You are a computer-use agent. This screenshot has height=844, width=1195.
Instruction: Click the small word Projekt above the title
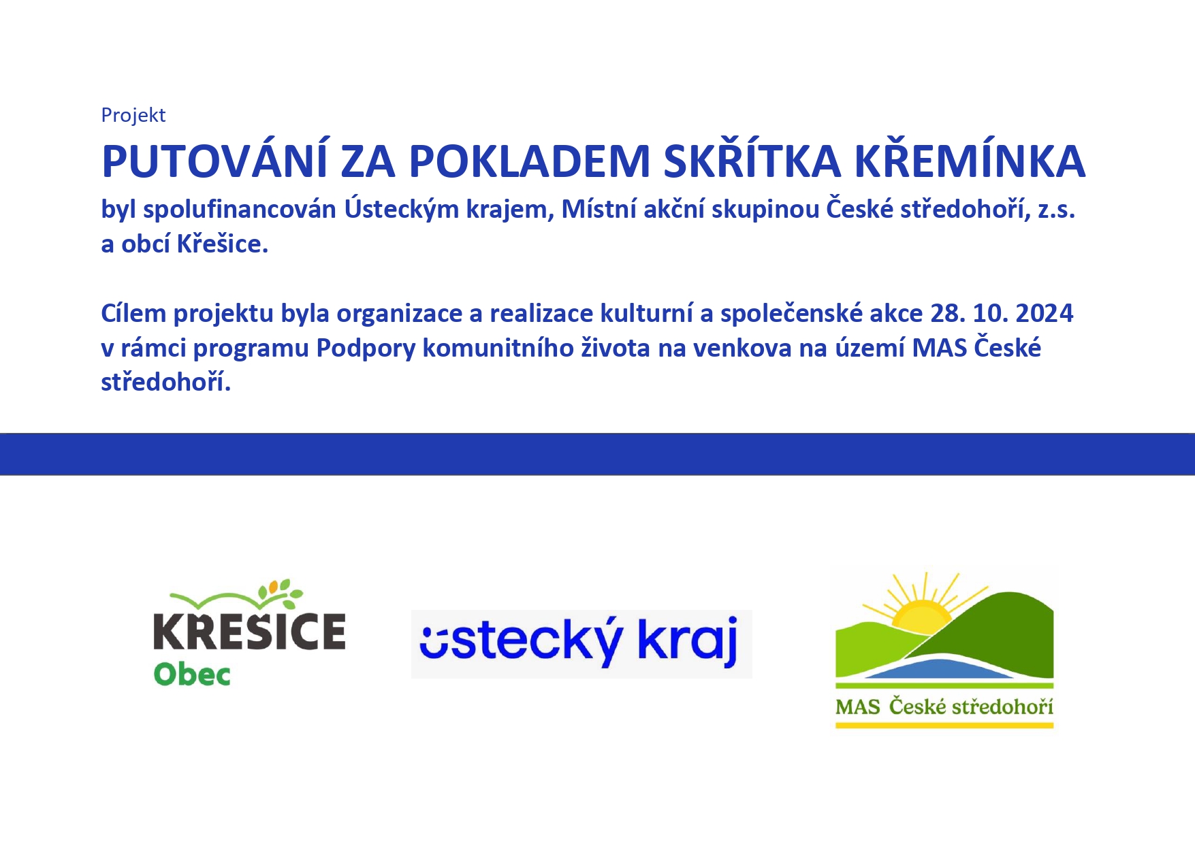(x=133, y=115)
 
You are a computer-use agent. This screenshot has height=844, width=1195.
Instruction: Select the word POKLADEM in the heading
(x=530, y=161)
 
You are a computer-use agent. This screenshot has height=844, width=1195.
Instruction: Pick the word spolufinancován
(x=240, y=209)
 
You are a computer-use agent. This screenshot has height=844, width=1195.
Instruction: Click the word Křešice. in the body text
(x=223, y=244)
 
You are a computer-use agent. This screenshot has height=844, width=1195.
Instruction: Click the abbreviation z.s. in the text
(x=1057, y=210)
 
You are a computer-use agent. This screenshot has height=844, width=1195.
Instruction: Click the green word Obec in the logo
(x=192, y=674)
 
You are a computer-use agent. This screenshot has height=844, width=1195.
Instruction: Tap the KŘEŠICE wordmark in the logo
(x=249, y=631)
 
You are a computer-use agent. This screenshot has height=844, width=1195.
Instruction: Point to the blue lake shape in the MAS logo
(x=940, y=668)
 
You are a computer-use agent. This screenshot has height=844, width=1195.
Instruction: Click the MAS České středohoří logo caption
(x=944, y=707)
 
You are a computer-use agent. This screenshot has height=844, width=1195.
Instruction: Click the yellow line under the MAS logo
(x=944, y=726)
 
